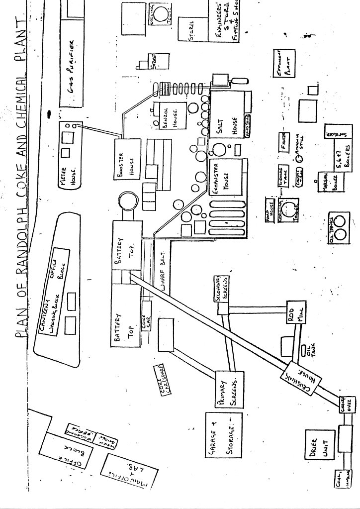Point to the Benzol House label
pos(169,117)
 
